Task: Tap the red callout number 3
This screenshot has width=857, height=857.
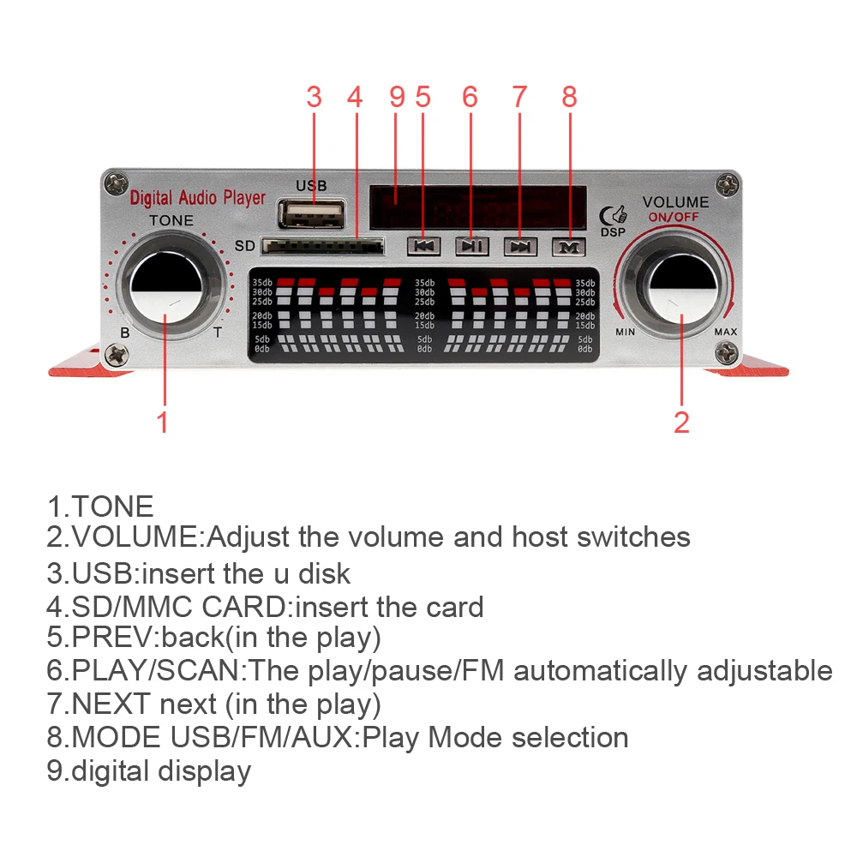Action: pos(314,98)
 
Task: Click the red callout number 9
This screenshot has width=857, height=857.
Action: pos(396,98)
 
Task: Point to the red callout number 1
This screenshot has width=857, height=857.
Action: pos(162,422)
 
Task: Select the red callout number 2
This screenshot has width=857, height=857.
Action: pos(681,422)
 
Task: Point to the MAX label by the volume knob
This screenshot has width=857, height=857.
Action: pos(725,332)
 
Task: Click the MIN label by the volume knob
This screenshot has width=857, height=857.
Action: pos(625,332)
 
